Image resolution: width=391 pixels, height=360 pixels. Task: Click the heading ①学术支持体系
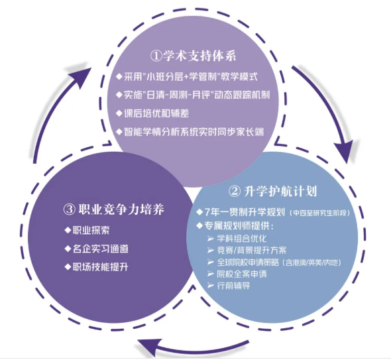coord(194,56)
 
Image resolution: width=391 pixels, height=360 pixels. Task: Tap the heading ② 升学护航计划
coord(272,192)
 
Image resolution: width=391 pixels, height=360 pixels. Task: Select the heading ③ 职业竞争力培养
coord(114,210)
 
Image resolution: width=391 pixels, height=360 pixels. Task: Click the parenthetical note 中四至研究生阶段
coord(320,213)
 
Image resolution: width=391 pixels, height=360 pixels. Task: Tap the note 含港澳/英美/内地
coord(313,263)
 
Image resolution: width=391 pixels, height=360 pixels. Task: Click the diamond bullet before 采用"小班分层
coord(119,76)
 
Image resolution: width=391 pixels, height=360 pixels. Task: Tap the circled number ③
coord(70,210)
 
